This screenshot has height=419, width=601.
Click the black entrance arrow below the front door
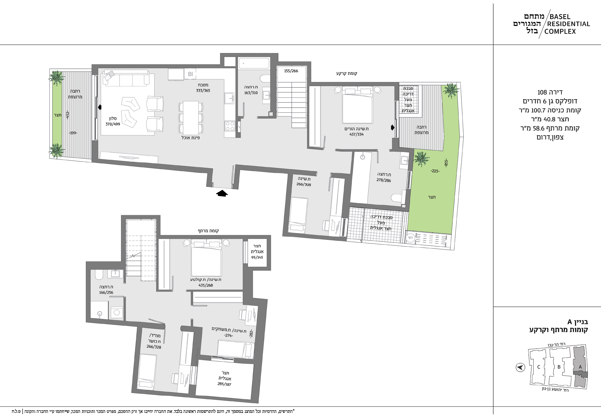(x=222, y=193)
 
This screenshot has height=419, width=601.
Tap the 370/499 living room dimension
(x=113, y=124)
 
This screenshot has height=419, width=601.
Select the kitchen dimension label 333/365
(x=203, y=91)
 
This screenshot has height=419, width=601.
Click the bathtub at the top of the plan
(x=254, y=63)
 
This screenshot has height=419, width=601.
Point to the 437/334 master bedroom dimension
(x=356, y=134)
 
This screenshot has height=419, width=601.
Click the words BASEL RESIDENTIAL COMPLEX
(x=569, y=24)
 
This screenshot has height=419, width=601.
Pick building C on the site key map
(x=539, y=367)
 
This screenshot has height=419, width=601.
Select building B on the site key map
(x=559, y=367)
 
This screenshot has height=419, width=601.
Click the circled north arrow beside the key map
(x=520, y=367)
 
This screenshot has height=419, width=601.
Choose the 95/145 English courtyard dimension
(x=257, y=257)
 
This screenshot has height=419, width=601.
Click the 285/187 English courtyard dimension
(x=224, y=384)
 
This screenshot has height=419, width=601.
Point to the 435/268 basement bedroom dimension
(x=206, y=285)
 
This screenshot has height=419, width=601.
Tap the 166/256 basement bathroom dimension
(x=106, y=292)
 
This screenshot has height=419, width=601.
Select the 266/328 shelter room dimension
(x=154, y=347)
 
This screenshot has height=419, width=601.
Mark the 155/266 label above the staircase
(x=291, y=71)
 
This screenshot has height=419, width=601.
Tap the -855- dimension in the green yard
(x=446, y=163)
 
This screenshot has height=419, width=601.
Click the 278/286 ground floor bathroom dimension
(x=384, y=180)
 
